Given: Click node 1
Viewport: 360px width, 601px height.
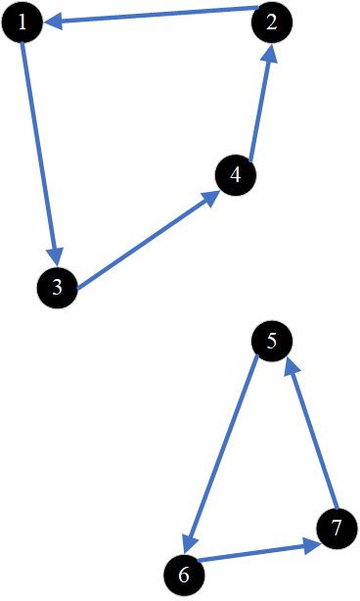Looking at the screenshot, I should pyautogui.click(x=22, y=23).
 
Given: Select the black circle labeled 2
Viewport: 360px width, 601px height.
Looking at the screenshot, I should pyautogui.click(x=272, y=23).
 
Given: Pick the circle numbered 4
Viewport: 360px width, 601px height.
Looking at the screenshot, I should pyautogui.click(x=236, y=175).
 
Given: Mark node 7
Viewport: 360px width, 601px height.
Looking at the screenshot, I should pyautogui.click(x=337, y=529).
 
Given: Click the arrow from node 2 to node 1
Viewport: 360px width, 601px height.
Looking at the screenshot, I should pyautogui.click(x=147, y=15).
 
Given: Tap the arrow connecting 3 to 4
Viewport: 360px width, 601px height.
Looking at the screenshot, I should pyautogui.click(x=147, y=241).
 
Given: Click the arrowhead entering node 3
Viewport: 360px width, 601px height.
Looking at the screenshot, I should pyautogui.click(x=56, y=254).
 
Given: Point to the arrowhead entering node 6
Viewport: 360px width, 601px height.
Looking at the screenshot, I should pyautogui.click(x=191, y=541).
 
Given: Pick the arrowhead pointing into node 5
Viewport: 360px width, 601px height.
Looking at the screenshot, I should pyautogui.click(x=292, y=369).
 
